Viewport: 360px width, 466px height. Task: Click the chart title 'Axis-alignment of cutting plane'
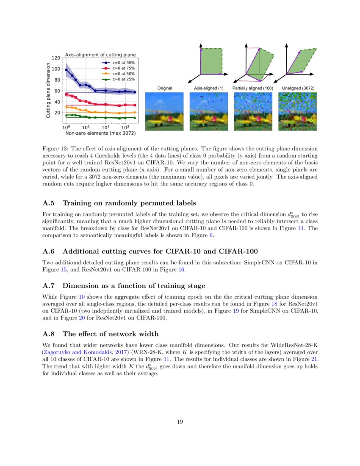click(x=100, y=54)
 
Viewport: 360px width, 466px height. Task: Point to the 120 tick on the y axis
click(x=55, y=58)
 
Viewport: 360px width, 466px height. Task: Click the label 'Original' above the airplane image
click(x=164, y=88)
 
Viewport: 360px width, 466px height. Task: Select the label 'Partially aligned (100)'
click(x=253, y=88)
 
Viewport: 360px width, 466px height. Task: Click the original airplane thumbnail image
click(x=165, y=111)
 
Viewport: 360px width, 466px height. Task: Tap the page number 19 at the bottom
click(x=180, y=422)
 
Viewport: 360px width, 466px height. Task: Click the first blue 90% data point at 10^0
click(x=66, y=69)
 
